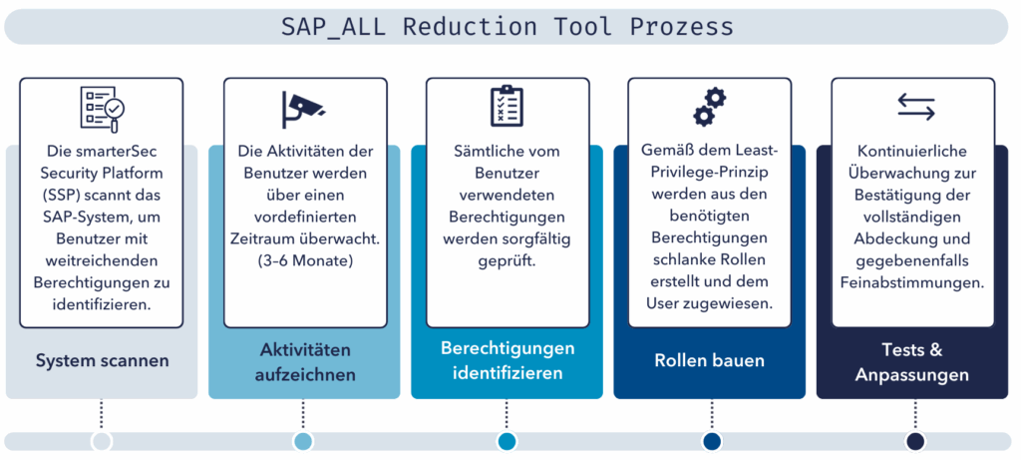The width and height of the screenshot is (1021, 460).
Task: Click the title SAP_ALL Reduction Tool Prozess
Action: (x=508, y=27)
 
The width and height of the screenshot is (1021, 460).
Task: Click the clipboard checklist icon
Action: (x=507, y=105)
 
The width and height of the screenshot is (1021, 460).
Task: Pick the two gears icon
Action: (x=709, y=107)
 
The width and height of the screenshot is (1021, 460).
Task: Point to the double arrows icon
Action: (x=915, y=106)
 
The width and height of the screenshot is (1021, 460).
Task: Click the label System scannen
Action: (x=103, y=361)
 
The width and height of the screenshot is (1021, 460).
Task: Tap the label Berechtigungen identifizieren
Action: (x=508, y=360)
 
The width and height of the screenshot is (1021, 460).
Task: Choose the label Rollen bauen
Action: (x=709, y=360)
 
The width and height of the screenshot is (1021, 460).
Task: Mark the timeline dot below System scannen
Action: (x=102, y=441)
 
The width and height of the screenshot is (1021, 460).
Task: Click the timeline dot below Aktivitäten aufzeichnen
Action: (x=303, y=441)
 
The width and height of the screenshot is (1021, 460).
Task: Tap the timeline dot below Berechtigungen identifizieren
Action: (x=507, y=441)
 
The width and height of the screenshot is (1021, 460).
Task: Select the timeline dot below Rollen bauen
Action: (x=712, y=441)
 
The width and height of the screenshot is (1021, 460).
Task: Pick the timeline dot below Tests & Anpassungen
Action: (x=915, y=441)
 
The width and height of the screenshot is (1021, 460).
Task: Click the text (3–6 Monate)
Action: (x=305, y=261)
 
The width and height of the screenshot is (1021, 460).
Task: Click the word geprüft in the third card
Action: (x=508, y=261)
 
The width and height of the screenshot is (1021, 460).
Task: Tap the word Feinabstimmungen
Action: (x=912, y=283)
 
